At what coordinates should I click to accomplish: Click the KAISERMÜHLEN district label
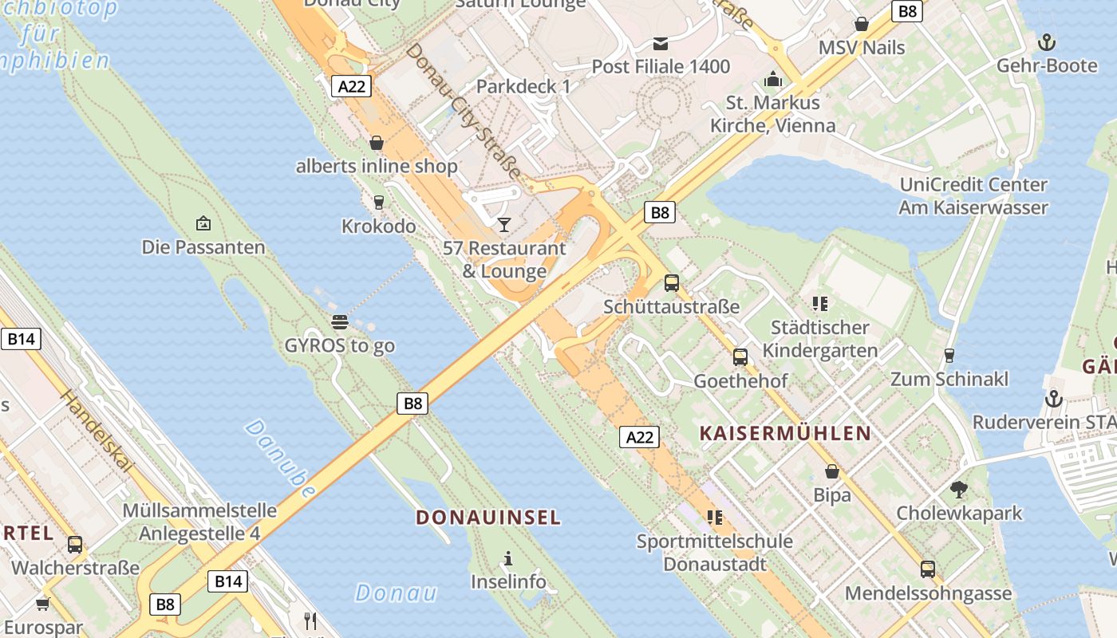click(x=785, y=434)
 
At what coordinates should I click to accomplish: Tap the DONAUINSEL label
click(x=488, y=518)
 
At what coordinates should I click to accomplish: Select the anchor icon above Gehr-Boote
click(x=1046, y=41)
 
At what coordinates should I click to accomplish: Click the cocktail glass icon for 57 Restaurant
click(x=503, y=224)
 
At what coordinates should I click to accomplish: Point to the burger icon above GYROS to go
click(x=340, y=322)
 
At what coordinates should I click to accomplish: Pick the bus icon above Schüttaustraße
click(x=672, y=282)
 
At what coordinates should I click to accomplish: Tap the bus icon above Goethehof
click(x=740, y=356)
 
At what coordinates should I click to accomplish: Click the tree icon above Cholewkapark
click(x=959, y=489)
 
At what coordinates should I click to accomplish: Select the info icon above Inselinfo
click(x=507, y=558)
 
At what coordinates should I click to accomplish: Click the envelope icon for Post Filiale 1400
click(x=661, y=43)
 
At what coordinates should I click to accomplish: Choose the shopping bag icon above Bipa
click(x=832, y=471)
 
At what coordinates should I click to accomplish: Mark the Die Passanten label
click(x=203, y=247)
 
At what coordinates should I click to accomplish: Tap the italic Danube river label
click(x=279, y=459)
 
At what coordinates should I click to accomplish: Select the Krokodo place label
click(x=379, y=226)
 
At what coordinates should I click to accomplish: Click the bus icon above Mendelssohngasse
click(x=928, y=569)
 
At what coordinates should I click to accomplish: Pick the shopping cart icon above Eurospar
click(x=42, y=605)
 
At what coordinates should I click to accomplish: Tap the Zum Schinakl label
click(x=949, y=379)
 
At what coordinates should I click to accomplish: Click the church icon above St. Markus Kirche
click(x=772, y=79)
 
